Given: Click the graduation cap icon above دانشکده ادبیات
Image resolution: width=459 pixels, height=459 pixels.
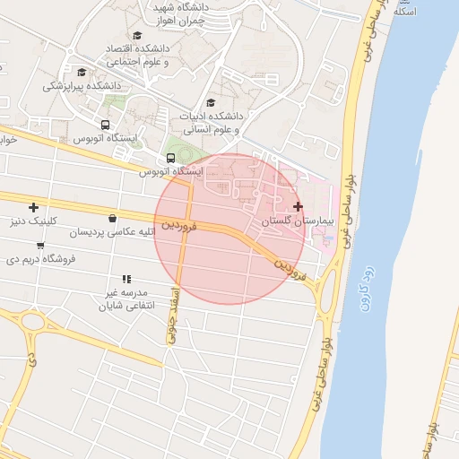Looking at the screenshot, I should click(211, 102).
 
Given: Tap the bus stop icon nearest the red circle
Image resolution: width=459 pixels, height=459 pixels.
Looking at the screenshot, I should click(171, 159).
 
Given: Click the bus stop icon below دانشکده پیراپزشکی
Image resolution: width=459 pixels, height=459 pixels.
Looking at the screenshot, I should click(105, 126).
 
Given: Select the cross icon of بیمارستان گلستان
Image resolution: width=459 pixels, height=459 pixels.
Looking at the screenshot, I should click(299, 206).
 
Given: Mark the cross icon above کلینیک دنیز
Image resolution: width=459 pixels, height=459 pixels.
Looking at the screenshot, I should click(34, 207).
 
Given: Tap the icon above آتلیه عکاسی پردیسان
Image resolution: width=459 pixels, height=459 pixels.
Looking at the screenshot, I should click(112, 218).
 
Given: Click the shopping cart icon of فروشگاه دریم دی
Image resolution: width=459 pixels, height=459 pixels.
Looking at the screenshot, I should click(40, 246).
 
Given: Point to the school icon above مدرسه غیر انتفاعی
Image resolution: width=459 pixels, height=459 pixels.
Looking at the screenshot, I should click(126, 279).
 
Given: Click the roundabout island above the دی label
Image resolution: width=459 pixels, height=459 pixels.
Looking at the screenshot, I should click(33, 321).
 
